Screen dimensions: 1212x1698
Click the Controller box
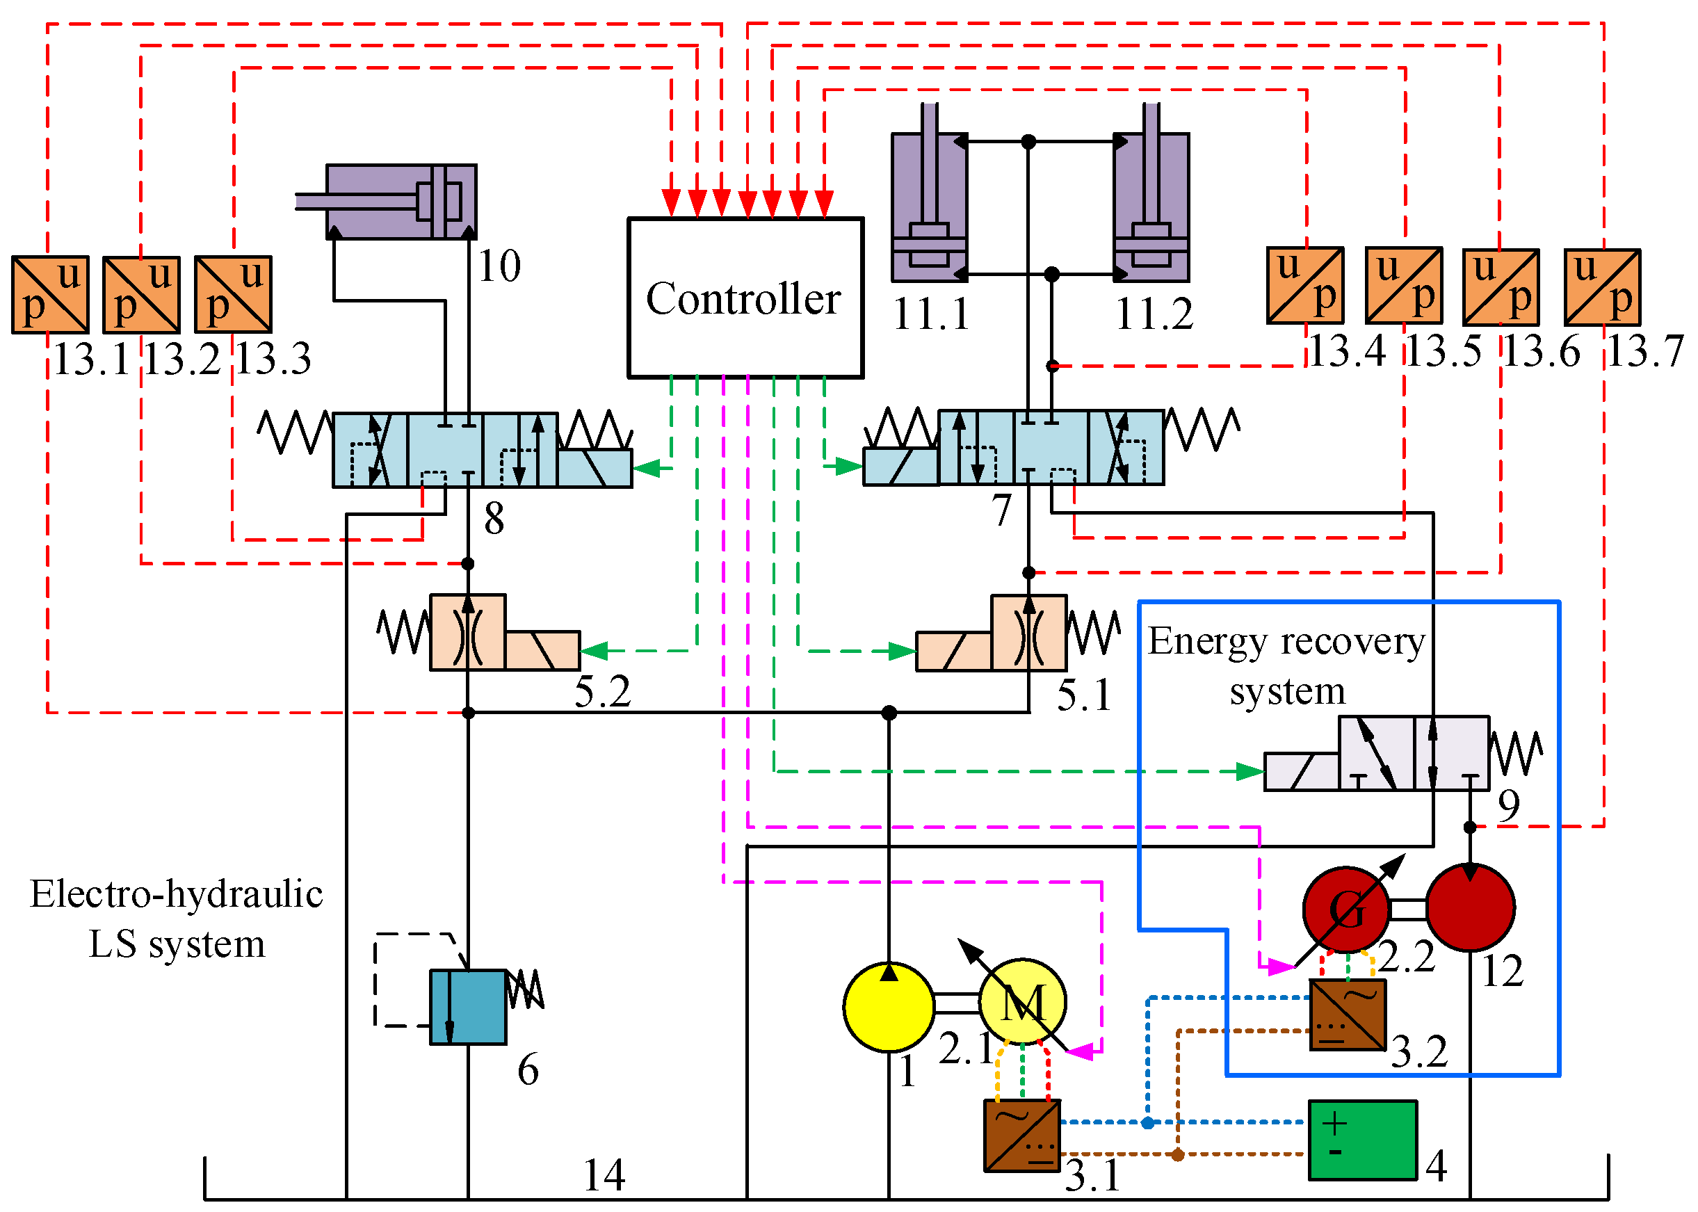[745, 298]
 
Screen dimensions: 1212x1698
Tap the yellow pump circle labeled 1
[888, 1006]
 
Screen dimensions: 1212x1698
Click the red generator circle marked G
[1345, 909]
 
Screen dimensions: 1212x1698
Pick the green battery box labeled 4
[1362, 1140]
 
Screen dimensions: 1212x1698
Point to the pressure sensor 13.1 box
[50, 294]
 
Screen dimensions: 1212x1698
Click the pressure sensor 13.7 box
[1602, 287]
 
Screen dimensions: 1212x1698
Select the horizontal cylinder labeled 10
[401, 202]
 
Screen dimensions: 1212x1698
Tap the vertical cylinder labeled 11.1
[928, 207]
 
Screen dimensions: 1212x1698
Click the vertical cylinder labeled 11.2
[1151, 207]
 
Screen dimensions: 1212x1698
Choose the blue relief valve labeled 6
[468, 1006]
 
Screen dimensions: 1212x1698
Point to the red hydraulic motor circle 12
[1470, 907]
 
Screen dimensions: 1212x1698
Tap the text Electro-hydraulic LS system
[176, 918]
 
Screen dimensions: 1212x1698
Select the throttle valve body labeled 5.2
[468, 631]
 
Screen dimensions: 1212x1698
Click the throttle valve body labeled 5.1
[1028, 632]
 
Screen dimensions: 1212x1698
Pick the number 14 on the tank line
[603, 1175]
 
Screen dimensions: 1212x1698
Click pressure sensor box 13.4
[1304, 286]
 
